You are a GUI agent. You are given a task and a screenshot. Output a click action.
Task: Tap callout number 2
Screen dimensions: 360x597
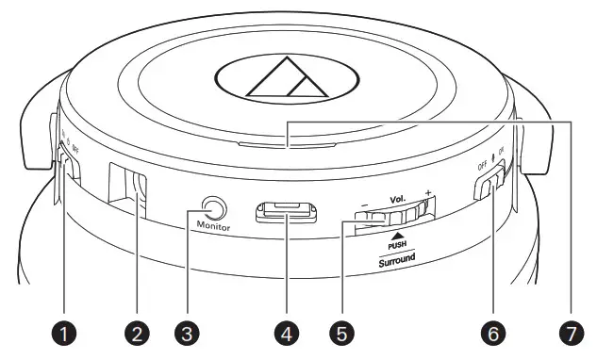140,332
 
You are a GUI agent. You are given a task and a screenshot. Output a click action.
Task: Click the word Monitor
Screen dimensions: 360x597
215,227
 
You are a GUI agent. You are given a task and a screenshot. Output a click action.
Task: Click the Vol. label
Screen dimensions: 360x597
395,201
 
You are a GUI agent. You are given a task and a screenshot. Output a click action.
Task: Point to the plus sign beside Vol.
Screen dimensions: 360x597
428,194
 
